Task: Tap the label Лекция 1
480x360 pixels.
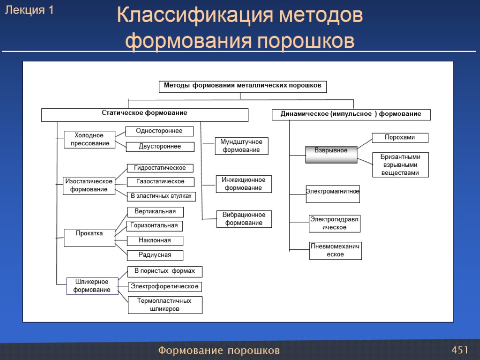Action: [29, 11]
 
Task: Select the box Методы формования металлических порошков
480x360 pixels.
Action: [242, 87]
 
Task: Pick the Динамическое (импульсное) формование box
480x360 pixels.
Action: [351, 115]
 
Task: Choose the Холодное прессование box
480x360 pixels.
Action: [90, 140]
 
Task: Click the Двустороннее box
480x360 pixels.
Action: [160, 147]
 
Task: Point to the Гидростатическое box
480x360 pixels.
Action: [160, 168]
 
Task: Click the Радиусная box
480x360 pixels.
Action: [155, 255]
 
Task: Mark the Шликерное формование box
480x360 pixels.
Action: [92, 286]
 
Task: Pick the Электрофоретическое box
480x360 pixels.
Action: [165, 286]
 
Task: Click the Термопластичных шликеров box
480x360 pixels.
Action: [165, 305]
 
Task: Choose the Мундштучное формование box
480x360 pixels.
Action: [241, 146]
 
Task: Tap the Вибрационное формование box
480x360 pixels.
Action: [244, 219]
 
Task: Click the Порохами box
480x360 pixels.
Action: [400, 138]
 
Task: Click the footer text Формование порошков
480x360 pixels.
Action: [219, 351]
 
